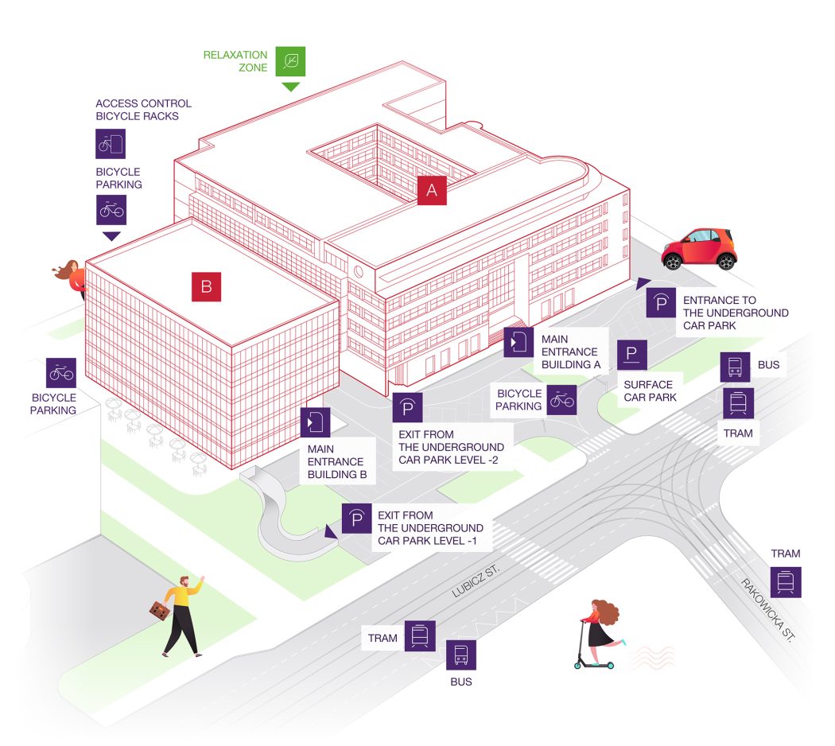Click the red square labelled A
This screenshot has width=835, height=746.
[x=432, y=190]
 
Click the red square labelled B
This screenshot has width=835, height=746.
[x=206, y=287]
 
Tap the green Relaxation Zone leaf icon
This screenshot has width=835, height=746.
[x=290, y=61]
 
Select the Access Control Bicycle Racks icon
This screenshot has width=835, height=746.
[x=111, y=144]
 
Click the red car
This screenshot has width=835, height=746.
[x=700, y=248]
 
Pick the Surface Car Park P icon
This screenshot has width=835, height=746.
[x=632, y=355]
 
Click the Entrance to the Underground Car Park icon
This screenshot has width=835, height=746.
[x=661, y=303]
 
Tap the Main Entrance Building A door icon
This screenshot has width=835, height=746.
[x=518, y=342]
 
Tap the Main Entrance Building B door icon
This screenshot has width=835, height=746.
[x=315, y=422]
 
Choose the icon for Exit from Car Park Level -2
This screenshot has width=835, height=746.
[x=407, y=408]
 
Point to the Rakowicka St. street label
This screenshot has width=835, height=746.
[x=767, y=610]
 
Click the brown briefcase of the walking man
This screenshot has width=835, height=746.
[x=161, y=610]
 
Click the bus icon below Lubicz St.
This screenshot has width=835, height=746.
[x=460, y=655]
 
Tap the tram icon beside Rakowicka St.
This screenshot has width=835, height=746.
[x=786, y=582]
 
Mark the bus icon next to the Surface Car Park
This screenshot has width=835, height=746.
[x=736, y=367]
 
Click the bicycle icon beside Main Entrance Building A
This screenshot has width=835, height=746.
[x=561, y=400]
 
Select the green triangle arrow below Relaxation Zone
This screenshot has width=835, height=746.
[x=290, y=86]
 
